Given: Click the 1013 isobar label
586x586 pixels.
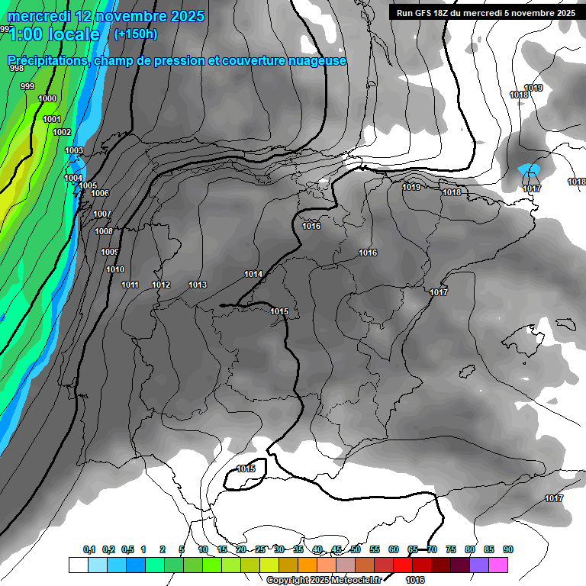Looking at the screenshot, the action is pos(198,285).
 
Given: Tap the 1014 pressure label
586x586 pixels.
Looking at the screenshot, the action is pos(253,274).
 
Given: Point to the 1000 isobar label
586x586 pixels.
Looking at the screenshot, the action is pos(47,98).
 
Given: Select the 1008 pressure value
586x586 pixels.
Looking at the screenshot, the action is pos(103,231).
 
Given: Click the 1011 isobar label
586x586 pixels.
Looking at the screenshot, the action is pos(130,285).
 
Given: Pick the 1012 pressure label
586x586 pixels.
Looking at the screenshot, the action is pos(161,285).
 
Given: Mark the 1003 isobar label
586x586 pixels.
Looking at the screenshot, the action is pos(73,150).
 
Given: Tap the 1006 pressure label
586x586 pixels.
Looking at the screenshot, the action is pos(100,193).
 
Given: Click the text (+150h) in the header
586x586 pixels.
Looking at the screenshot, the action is pos(135,34).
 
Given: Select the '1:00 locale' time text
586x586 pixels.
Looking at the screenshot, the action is pos(54,34).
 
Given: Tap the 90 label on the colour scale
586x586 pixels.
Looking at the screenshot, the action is pos(508,549).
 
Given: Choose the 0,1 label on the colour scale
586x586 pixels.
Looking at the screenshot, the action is pos(89,549).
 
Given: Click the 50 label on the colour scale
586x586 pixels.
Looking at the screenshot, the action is pos(356,549).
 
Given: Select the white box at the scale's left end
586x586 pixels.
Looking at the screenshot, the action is pos(78,565).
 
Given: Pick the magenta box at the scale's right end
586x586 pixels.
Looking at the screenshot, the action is pos(498,565).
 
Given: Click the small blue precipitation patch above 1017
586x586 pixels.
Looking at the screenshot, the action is pos(529,169).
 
